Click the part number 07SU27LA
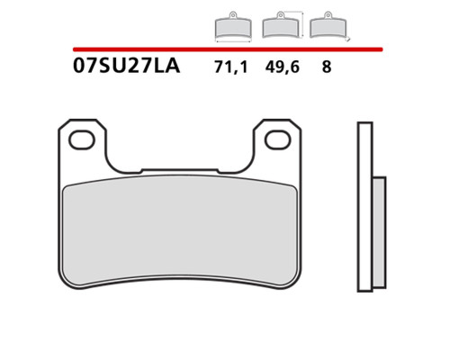[x=126, y=66]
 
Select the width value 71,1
[x=231, y=67]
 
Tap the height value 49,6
[x=282, y=67]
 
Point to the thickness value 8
[x=327, y=67]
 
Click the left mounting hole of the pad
[x=82, y=139]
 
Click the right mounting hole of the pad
[x=278, y=139]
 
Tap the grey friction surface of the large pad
[x=180, y=231]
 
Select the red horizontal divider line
[x=228, y=49]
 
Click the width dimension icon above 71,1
[x=233, y=27]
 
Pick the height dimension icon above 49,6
[x=282, y=25]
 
